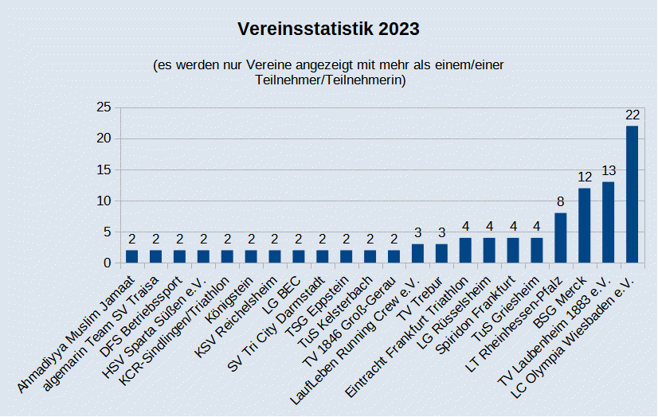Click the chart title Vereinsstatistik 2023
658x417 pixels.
pos(328,29)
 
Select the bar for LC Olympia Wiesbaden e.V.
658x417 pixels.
pos(632,194)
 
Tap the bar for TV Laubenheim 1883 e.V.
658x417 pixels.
pos(608,223)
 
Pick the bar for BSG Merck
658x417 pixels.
pos(584,226)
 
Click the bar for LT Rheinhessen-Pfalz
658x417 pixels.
pos(560,238)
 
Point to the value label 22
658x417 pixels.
pos(633,115)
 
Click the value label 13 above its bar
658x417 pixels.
pos(609,171)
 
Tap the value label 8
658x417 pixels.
pos(560,202)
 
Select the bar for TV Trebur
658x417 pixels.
pos(441,254)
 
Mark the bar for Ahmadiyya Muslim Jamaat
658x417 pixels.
pos(131,257)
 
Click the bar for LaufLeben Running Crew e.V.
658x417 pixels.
pos(417,254)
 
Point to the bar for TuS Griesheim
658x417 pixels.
pos(536,251)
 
